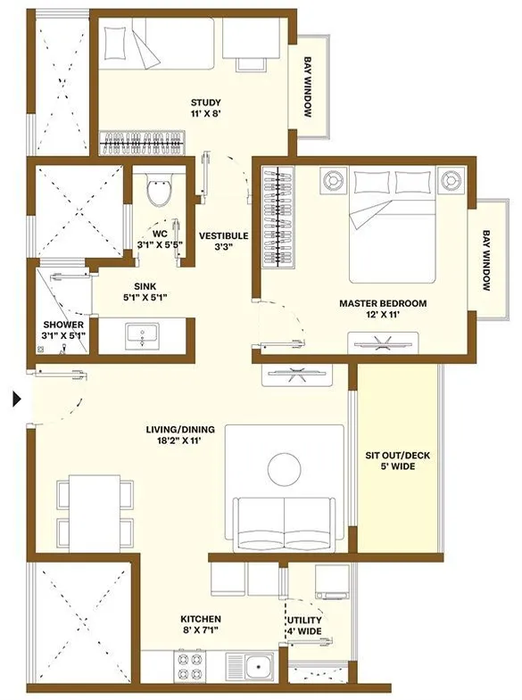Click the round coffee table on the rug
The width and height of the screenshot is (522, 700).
[x=284, y=467]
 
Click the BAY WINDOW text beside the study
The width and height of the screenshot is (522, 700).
[x=307, y=89]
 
